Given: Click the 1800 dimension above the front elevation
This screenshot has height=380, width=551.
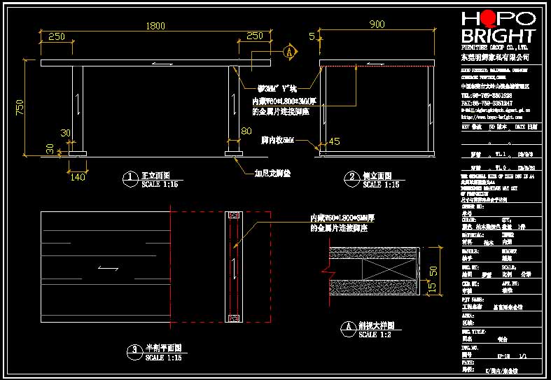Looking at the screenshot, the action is [155, 26].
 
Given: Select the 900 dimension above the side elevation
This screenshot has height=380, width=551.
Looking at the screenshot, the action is [377, 24].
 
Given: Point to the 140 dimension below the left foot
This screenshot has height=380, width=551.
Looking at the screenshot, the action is [77, 177].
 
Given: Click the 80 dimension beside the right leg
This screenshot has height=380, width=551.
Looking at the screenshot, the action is [246, 131].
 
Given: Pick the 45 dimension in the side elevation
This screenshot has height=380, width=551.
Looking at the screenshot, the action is [334, 142].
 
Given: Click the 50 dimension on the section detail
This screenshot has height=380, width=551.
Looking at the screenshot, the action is [433, 269].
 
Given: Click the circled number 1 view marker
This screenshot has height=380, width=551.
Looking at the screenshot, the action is [128, 178].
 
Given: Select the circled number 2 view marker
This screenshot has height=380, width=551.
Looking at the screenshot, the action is [349, 178].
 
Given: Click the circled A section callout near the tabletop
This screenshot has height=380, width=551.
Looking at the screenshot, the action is [288, 52].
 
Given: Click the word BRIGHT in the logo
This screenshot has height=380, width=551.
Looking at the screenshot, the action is [498, 36].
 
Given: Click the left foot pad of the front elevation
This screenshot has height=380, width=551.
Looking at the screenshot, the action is [77, 153].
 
